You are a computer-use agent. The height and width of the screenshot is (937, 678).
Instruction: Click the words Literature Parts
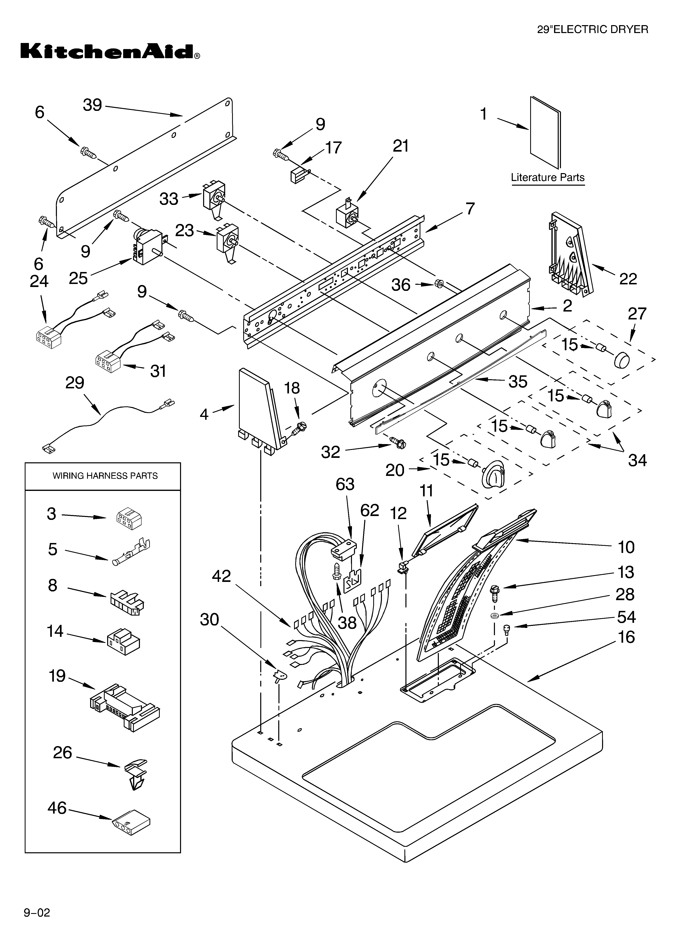pos(548,178)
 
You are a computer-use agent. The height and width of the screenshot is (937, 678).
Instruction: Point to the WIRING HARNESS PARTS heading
pos(105,476)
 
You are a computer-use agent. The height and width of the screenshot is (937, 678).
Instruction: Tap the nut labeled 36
pos(440,284)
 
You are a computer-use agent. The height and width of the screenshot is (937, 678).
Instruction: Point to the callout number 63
pos(345,484)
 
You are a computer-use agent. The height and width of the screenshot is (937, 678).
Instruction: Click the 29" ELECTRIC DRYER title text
pos(592,29)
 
